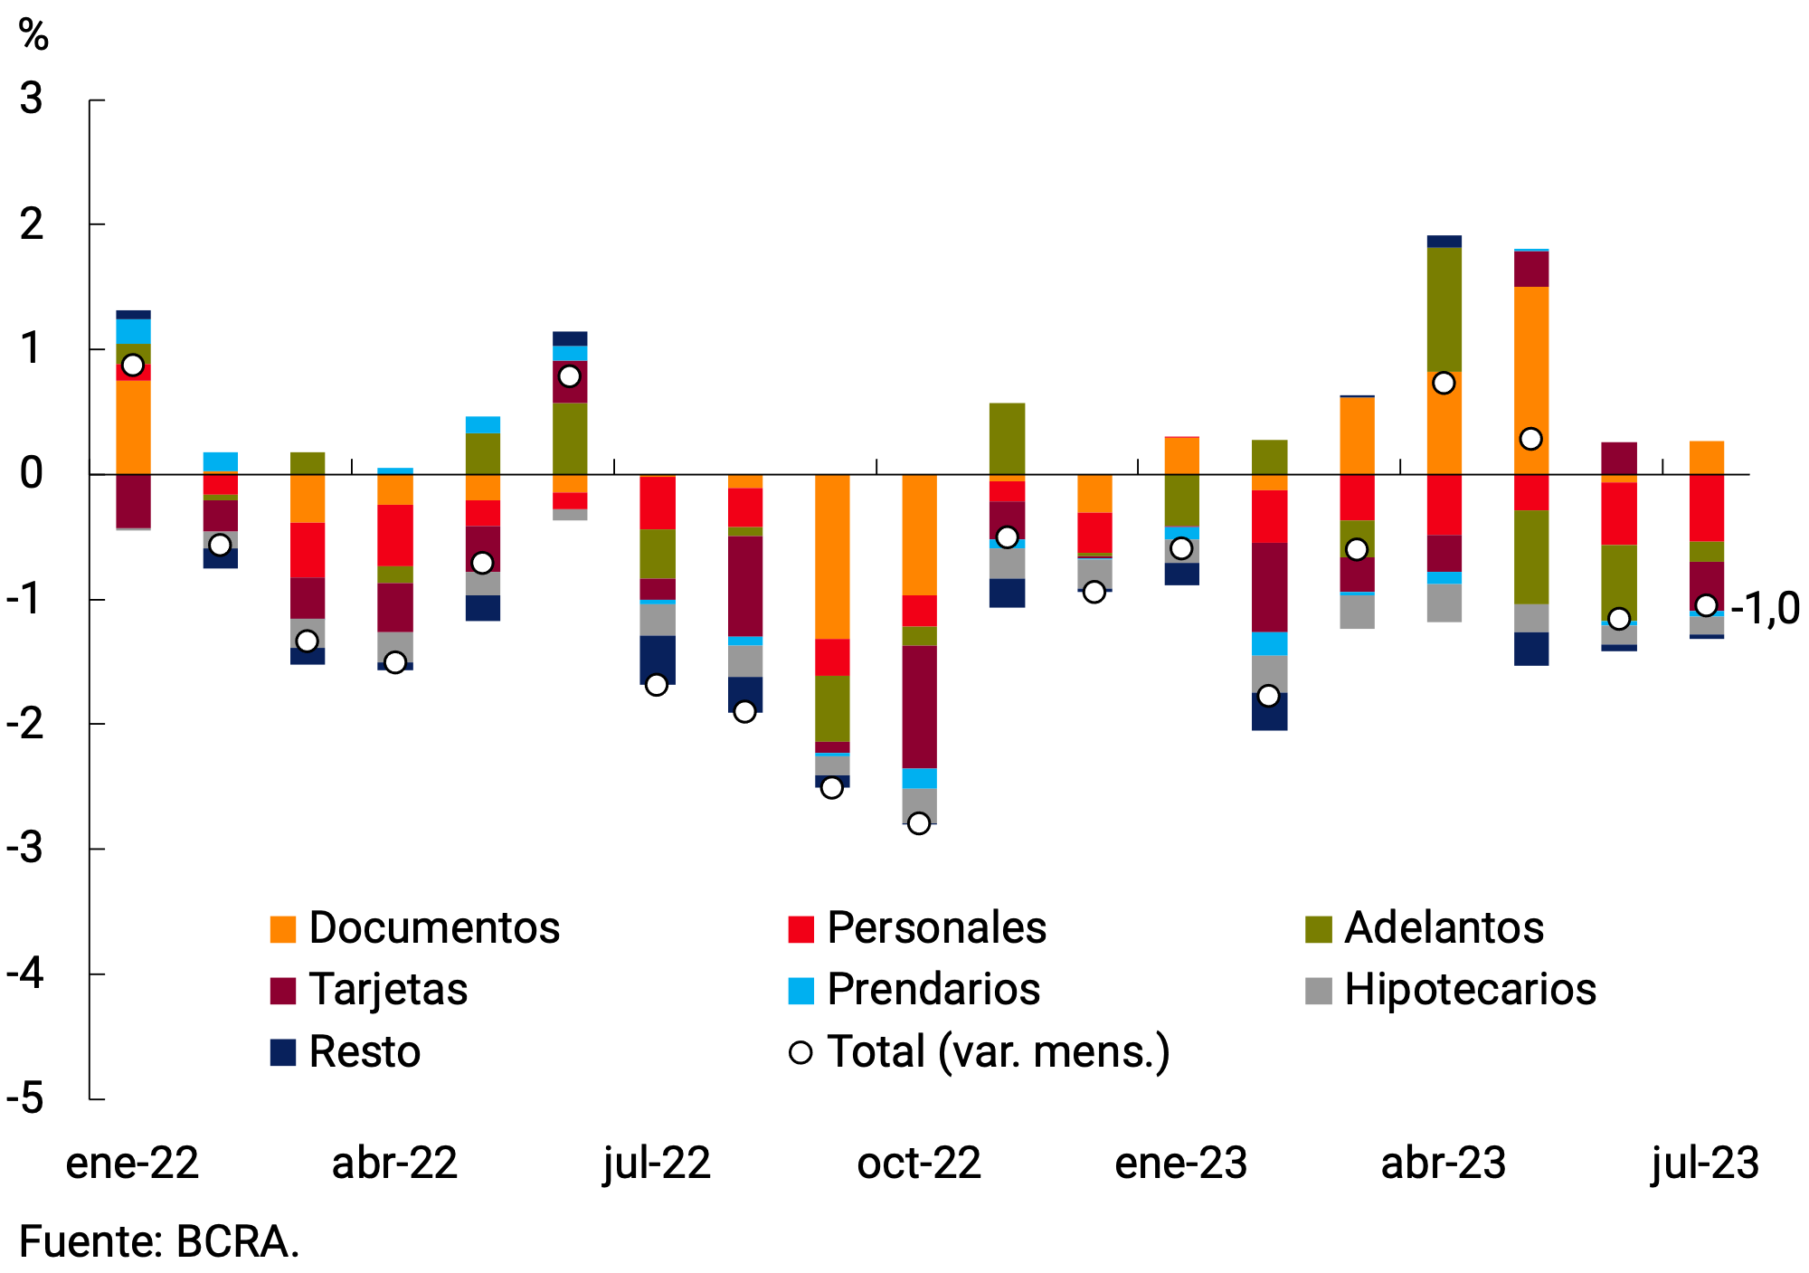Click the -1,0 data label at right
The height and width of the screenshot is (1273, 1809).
click(1764, 608)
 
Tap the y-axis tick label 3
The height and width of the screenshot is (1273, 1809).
click(32, 99)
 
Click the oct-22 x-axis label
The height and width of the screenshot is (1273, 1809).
click(919, 1164)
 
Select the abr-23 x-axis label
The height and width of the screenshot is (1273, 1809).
click(1443, 1164)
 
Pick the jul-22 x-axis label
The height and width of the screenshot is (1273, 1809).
click(657, 1164)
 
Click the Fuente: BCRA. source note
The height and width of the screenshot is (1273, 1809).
click(159, 1242)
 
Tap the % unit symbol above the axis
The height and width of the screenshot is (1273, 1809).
click(33, 36)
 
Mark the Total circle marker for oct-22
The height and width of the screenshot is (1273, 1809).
click(919, 823)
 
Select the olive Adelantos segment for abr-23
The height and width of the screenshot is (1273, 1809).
click(1444, 309)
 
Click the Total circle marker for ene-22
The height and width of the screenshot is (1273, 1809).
click(133, 366)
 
